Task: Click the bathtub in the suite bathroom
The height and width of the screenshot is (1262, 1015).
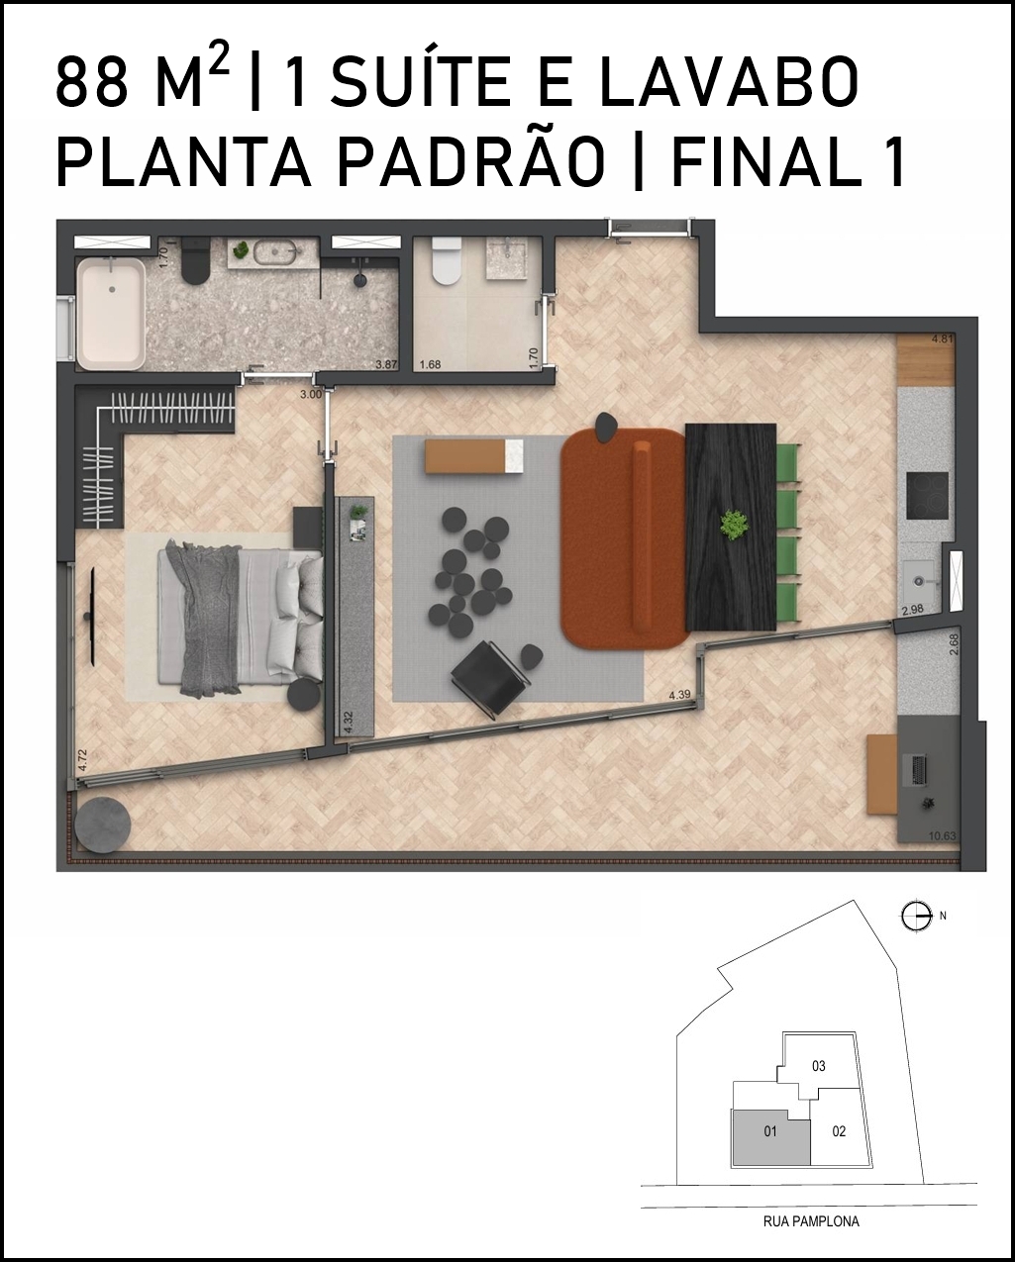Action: click(112, 315)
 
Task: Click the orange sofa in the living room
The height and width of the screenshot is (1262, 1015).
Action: click(624, 537)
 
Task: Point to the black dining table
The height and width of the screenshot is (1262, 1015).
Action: click(731, 528)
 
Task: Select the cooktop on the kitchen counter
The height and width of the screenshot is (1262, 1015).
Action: click(927, 496)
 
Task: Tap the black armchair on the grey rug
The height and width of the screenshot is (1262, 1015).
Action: click(490, 676)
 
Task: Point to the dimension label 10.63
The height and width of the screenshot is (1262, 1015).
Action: click(943, 836)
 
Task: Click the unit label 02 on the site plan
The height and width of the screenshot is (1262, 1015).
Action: click(839, 1131)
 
